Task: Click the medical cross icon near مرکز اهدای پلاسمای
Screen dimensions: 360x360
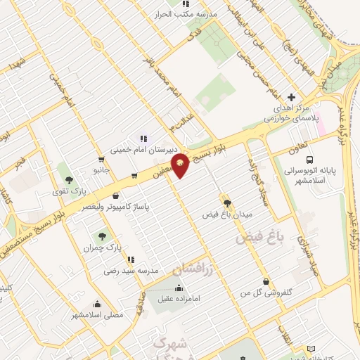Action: (x=291, y=97)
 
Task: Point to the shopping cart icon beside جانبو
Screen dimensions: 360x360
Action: (x=134, y=176)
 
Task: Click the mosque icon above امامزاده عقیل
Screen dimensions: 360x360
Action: (x=179, y=287)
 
